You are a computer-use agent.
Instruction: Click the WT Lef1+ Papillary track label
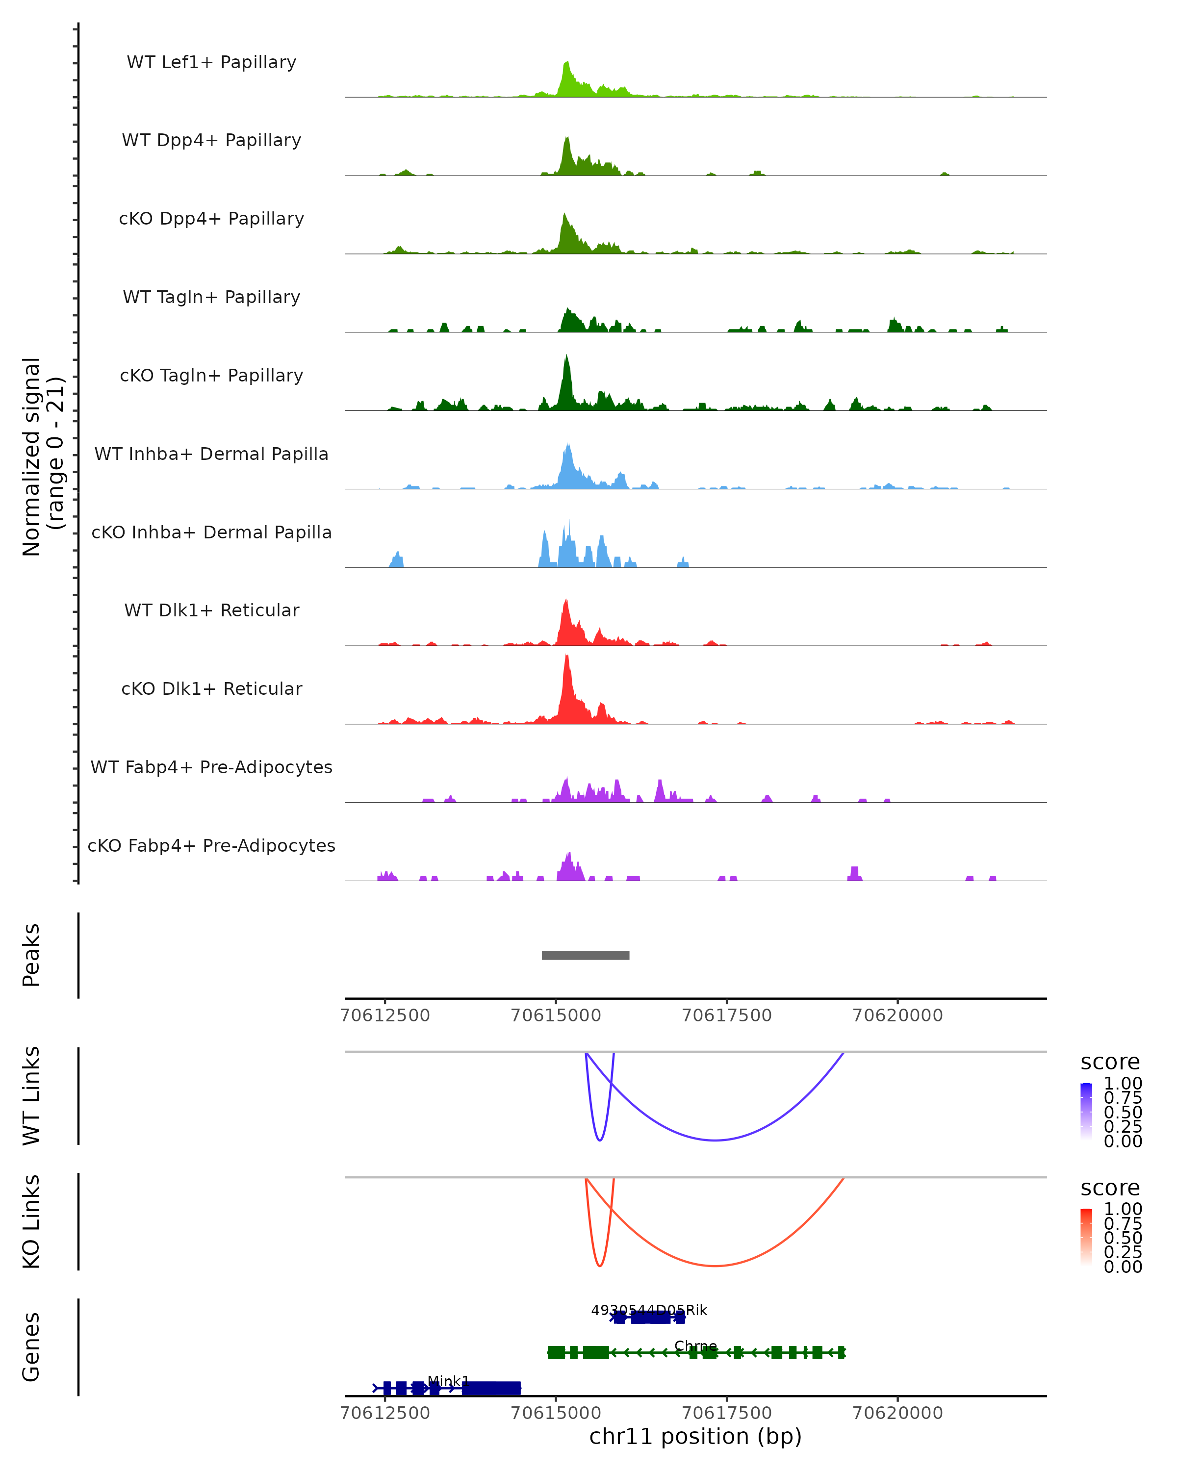pos(211,62)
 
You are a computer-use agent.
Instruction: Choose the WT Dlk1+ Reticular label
pos(211,610)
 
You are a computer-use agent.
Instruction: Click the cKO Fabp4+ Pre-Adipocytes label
pos(211,845)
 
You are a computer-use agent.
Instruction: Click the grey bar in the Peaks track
pos(586,955)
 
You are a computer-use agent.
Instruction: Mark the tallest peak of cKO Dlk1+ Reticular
pos(567,657)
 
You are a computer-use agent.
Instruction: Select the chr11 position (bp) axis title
pos(695,1436)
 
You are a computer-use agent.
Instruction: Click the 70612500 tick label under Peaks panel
pos(385,1015)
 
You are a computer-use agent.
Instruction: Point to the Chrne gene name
pos(695,1346)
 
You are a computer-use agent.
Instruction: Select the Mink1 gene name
pos(448,1381)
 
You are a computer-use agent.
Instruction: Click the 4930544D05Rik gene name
pos(649,1310)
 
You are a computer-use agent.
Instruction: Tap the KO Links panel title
pos(31,1221)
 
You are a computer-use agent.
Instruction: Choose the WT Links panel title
pos(31,1096)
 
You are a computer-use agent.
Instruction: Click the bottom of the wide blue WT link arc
pos(715,1140)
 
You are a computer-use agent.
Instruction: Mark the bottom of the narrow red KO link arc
pos(600,1266)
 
